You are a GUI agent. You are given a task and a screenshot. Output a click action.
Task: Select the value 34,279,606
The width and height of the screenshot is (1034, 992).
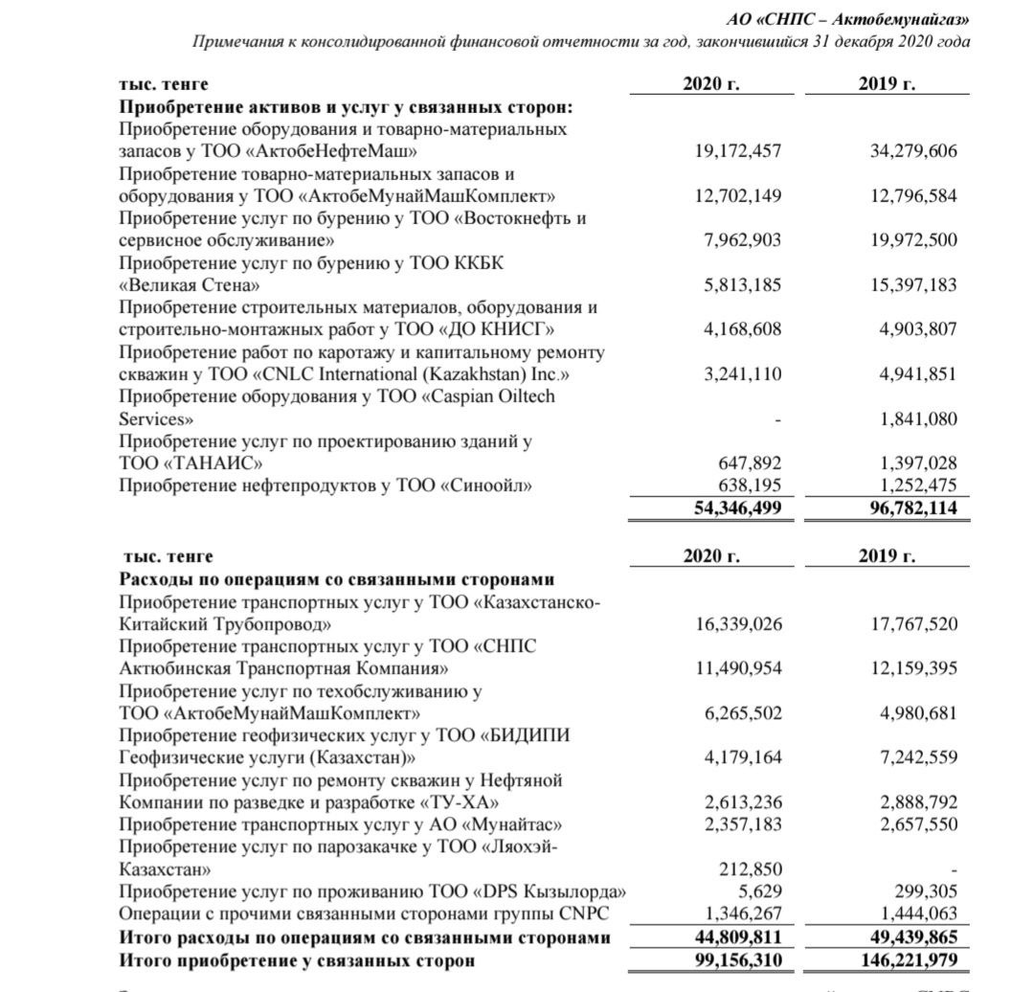point(913,151)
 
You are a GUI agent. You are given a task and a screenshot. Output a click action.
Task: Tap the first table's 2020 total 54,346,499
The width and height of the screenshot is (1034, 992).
point(737,508)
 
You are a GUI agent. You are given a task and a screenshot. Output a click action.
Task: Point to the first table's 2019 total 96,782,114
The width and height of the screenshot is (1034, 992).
point(912,508)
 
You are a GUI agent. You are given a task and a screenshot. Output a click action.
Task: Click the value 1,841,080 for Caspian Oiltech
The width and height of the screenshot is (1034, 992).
point(918,418)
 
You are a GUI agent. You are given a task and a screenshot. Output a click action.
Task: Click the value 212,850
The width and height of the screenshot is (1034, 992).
point(751,868)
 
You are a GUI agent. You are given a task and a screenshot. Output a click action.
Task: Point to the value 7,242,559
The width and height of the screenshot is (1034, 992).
point(918,757)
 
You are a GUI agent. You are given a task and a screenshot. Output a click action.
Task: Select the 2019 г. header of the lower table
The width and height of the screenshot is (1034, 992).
point(888,556)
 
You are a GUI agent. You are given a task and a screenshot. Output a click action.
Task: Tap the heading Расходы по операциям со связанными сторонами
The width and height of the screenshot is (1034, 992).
point(337,579)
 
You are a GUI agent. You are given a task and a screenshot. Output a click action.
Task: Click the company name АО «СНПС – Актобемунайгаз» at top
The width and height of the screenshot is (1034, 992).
point(847,18)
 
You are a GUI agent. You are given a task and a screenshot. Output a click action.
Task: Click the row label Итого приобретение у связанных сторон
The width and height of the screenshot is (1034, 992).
point(297,959)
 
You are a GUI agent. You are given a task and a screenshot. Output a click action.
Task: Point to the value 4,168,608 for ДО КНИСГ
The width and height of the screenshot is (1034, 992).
point(743,329)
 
